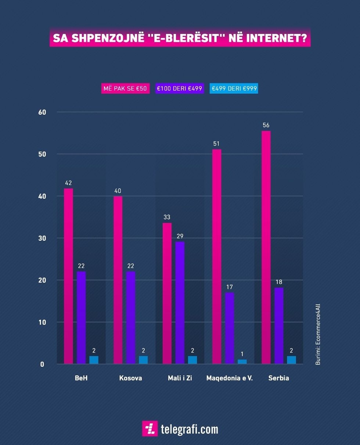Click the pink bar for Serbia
coord(266,247)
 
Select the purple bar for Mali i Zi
coord(180,303)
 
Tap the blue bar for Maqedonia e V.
coord(242,362)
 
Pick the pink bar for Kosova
coord(118,280)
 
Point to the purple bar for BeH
coord(81,318)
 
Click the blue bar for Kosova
coord(143,360)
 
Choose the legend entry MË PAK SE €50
coord(125,89)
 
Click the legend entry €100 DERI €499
coord(179,89)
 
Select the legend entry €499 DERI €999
coord(234,89)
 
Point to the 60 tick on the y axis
coord(42,112)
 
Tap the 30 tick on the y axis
coord(42,238)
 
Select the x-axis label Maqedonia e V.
coord(230,378)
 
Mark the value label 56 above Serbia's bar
coord(266,125)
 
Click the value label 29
coord(180,236)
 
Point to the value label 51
coord(216,144)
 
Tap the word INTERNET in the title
coord(279,38)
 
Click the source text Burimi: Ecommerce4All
coord(318,334)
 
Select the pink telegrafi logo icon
coord(150,428)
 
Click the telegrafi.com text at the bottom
coord(189,429)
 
